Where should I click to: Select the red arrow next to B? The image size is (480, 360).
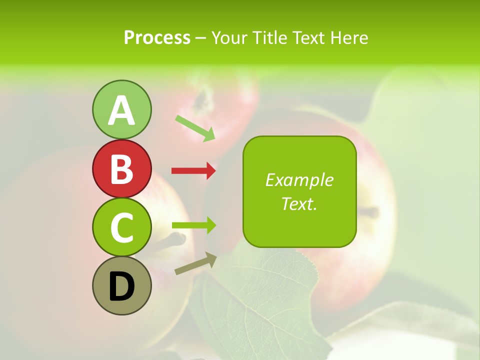coord(193,171)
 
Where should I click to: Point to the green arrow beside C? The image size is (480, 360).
coord(193,226)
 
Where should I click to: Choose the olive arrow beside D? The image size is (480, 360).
coord(195,263)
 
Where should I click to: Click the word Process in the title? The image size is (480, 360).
coord(157,37)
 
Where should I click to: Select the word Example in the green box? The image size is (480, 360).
coord(299,180)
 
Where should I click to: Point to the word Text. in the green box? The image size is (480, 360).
coord(299,203)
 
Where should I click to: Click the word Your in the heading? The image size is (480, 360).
coord(229,37)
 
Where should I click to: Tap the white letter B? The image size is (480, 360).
coord(121,169)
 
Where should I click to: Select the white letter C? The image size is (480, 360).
coord(121,228)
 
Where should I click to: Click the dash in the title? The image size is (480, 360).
coord(200,38)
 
